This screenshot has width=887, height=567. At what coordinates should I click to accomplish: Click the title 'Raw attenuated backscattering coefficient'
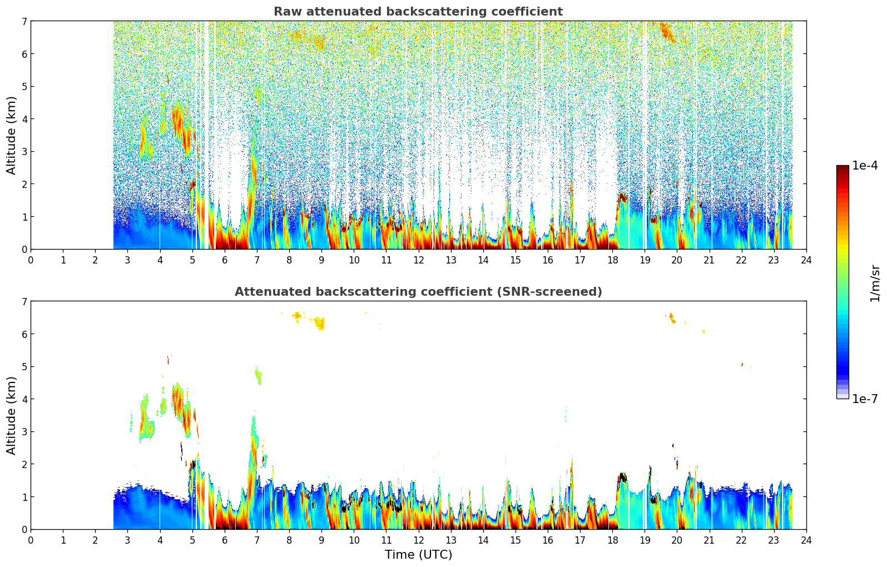click(418, 12)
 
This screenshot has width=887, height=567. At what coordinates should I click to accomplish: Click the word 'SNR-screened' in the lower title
click(557, 292)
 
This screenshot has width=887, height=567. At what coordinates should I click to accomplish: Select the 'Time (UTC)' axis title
click(418, 555)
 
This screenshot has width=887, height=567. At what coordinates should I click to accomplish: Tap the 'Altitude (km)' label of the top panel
click(12, 135)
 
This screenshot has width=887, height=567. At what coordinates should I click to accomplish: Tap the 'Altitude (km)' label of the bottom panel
click(12, 415)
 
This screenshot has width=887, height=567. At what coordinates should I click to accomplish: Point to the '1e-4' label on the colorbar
click(865, 166)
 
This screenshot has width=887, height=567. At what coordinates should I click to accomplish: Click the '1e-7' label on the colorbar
click(865, 399)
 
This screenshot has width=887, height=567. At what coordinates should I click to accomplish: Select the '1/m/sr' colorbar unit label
click(875, 283)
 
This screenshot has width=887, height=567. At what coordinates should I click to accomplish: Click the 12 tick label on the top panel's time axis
click(418, 260)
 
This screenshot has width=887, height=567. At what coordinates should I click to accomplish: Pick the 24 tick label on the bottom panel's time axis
click(806, 540)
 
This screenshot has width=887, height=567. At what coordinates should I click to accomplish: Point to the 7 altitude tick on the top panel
click(24, 21)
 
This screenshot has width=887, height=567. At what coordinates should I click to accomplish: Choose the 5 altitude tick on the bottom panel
click(24, 366)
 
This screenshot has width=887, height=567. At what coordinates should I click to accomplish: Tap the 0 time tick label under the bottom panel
click(31, 540)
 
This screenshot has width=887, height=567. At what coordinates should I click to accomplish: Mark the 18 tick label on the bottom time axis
click(612, 540)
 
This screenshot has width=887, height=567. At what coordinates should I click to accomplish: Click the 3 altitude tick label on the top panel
click(24, 151)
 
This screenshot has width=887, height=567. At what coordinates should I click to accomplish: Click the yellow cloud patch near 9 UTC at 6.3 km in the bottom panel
click(319, 322)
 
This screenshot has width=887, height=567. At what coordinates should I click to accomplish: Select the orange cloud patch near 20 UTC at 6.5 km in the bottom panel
click(672, 318)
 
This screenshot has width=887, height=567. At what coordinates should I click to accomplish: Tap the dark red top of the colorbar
click(843, 168)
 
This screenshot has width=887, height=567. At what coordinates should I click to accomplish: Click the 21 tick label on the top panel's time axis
click(709, 260)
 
